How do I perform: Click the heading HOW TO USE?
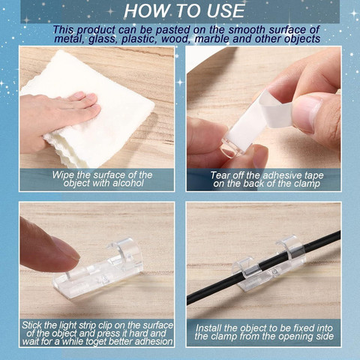pos(184,11)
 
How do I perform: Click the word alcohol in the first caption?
pos(128,183)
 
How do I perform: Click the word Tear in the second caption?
pos(219,175)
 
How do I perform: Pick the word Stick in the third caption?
pos(31,325)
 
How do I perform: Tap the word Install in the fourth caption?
pos(208,328)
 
